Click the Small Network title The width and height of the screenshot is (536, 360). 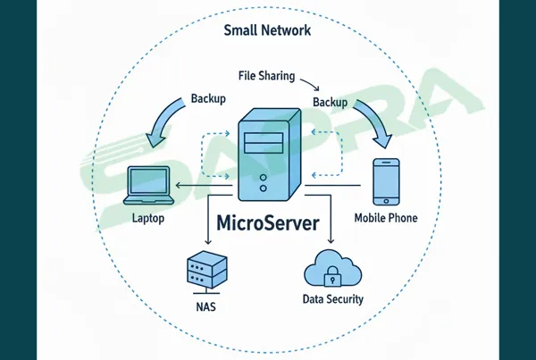(268, 30)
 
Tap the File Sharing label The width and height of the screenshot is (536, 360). (266, 76)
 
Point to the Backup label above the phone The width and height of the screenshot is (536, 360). (330, 103)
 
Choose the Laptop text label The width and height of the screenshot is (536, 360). (148, 217)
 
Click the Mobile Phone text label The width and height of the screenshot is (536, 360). (386, 217)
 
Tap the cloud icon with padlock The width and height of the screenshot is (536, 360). (332, 267)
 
